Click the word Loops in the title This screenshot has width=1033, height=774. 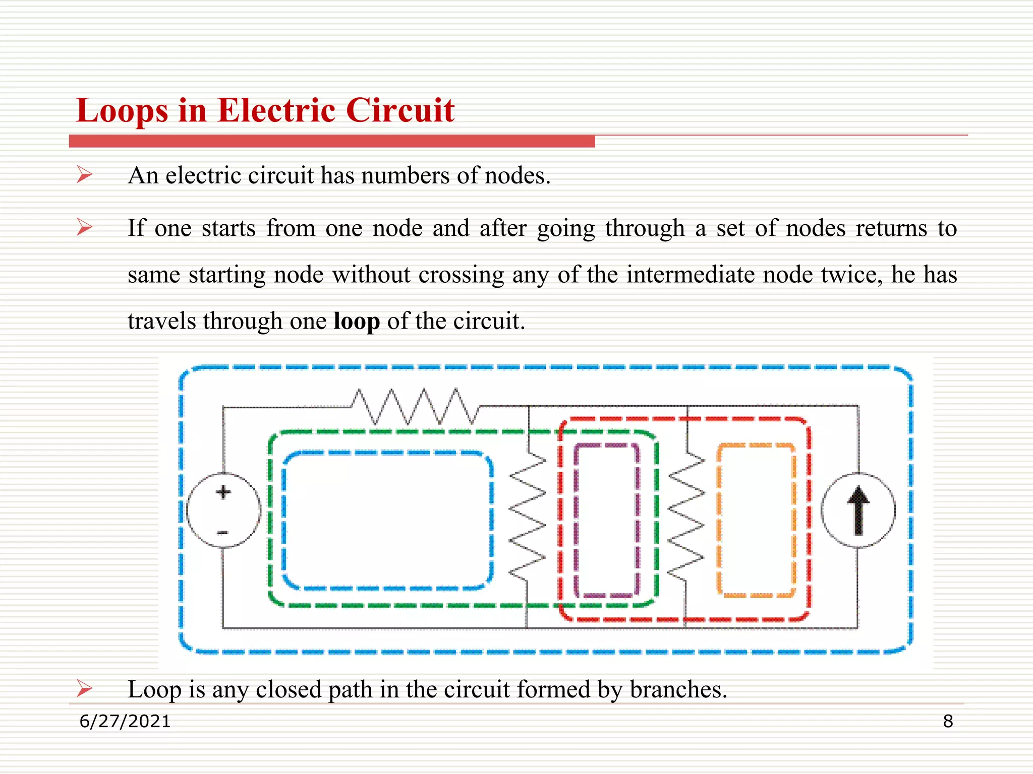[x=122, y=111]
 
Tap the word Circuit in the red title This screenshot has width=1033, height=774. [x=400, y=111]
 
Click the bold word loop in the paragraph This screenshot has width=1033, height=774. [x=357, y=321]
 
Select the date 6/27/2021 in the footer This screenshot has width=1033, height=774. [x=125, y=721]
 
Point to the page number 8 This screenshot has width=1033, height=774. [x=948, y=721]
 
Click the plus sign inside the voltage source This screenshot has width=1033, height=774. [x=223, y=492]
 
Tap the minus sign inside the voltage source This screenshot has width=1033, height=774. [x=223, y=533]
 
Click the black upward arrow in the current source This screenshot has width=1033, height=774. [x=858, y=510]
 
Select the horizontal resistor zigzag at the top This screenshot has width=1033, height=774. [x=415, y=406]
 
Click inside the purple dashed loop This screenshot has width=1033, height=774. [x=607, y=519]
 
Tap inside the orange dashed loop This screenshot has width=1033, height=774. [x=756, y=519]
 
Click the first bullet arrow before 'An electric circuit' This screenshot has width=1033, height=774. [x=84, y=175]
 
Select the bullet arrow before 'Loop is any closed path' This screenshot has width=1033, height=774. [x=84, y=688]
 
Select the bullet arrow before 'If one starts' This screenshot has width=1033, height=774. [x=84, y=227]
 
